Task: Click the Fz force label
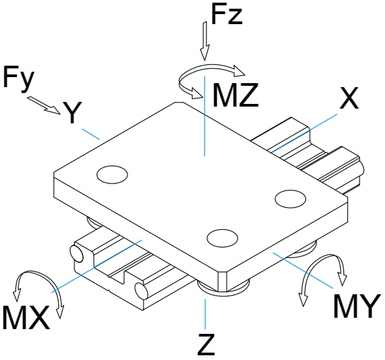click(227, 14)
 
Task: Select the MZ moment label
click(235, 95)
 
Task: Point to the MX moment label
click(26, 317)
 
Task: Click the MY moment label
click(355, 306)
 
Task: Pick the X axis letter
click(349, 98)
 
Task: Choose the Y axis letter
click(72, 113)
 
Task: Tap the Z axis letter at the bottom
click(207, 345)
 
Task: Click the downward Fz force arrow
click(205, 41)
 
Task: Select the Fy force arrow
click(44, 105)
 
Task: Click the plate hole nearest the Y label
click(112, 175)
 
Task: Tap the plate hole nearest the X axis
click(290, 199)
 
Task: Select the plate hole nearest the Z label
click(223, 238)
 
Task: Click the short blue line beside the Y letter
click(91, 134)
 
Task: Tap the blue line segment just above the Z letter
click(205, 314)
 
